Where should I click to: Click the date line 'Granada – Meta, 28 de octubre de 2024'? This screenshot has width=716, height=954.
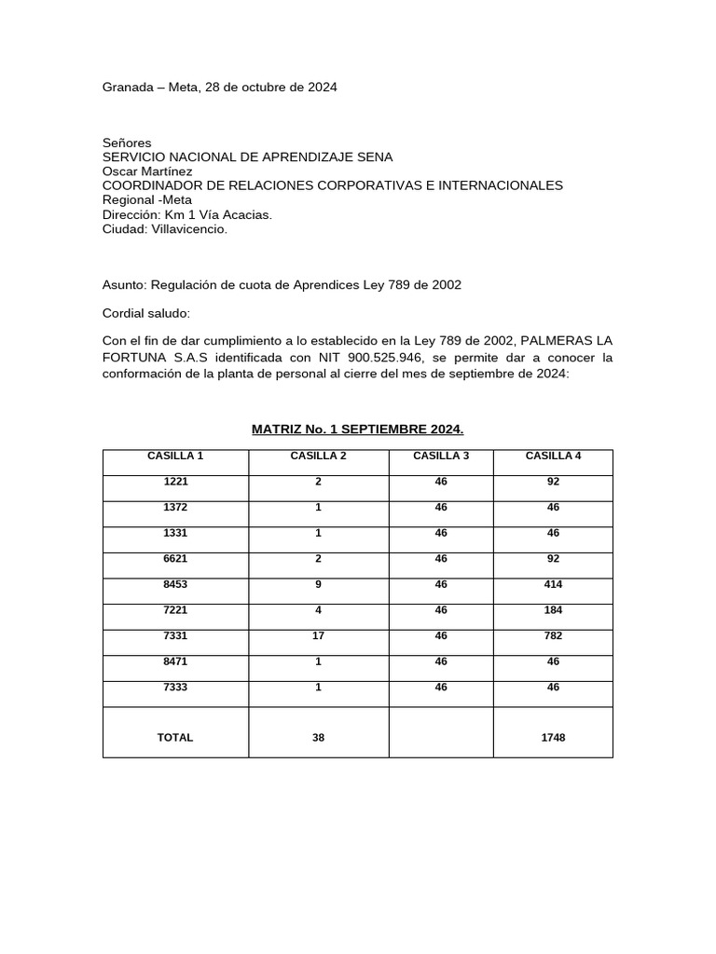coord(219,88)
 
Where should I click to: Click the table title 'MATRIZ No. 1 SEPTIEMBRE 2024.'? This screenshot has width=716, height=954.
coord(358,429)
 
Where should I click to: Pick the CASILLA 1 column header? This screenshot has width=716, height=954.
coord(175,456)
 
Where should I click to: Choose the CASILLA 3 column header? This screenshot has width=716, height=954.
coord(440,456)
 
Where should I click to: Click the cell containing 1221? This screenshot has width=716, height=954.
coord(175,482)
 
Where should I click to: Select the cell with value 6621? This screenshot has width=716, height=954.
coord(175,559)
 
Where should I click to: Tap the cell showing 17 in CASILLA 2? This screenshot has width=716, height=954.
coord(319,636)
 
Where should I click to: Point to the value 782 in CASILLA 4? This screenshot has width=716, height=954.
coord(553,636)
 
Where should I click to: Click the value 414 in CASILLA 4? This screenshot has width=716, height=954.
coord(553,585)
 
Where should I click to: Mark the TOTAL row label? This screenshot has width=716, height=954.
coord(175,737)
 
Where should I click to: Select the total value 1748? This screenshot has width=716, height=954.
coord(553,737)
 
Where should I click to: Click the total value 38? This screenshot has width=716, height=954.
coord(319,737)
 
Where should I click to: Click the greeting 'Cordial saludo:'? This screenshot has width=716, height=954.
coord(145,313)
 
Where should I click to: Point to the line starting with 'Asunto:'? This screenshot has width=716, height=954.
coord(282,285)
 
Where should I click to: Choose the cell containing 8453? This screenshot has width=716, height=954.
coord(175,585)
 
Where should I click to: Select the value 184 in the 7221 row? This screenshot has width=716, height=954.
coord(553,610)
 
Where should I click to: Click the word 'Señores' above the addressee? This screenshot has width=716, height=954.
coord(126,143)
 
